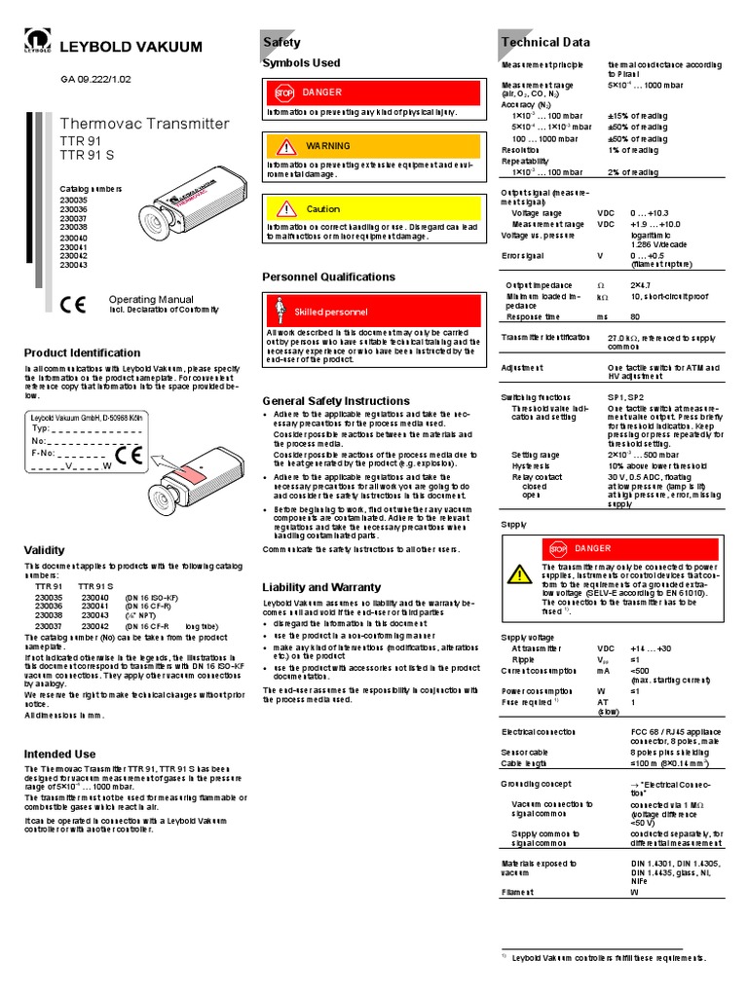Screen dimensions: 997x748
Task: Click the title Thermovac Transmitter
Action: [x=144, y=124]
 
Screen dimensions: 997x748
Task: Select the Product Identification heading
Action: [x=82, y=352]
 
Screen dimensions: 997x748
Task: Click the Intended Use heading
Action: [x=59, y=754]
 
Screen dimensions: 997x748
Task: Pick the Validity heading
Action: [x=44, y=550]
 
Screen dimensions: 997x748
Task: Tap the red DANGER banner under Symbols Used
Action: [x=372, y=92]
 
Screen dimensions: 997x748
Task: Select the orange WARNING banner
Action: [x=372, y=146]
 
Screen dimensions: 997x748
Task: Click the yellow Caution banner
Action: [x=372, y=208]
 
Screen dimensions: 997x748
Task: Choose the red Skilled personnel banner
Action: [x=372, y=311]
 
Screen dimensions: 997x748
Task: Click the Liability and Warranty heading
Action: [x=322, y=587]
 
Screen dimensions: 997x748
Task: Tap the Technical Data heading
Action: [x=544, y=42]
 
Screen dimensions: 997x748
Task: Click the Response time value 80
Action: [x=635, y=316]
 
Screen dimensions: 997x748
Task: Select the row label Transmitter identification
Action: [x=544, y=336]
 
